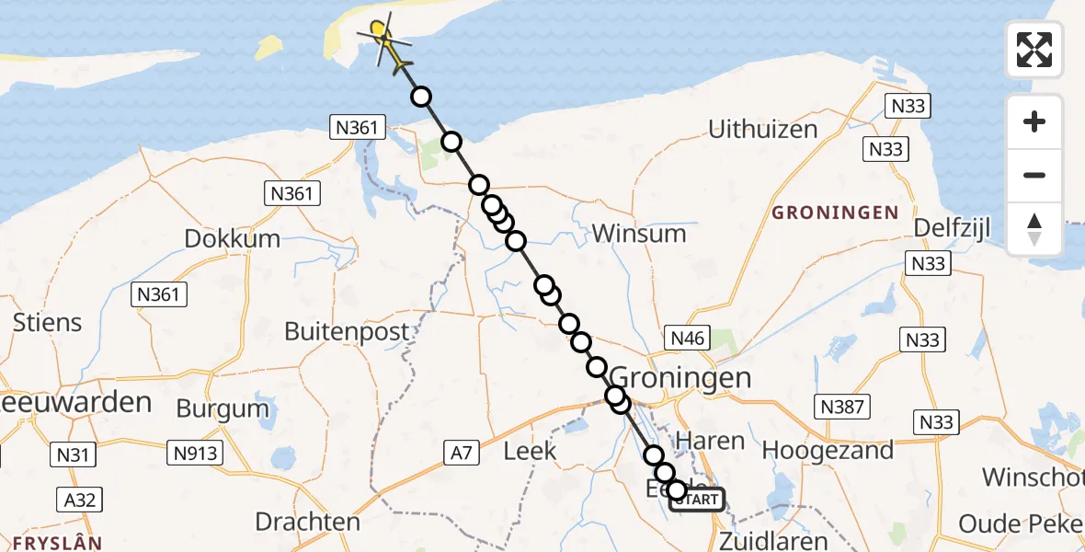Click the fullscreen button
[1034, 50]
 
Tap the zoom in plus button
[1034, 122]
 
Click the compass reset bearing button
[1034, 229]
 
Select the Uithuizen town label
[762, 130]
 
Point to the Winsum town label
[639, 234]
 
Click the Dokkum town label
[232, 239]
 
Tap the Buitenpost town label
[347, 331]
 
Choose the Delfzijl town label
[953, 229]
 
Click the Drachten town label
[307, 523]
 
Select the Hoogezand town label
[828, 451]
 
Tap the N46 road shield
[687, 339]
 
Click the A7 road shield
[462, 452]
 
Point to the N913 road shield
[194, 452]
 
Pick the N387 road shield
[840, 406]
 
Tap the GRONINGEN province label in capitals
[835, 213]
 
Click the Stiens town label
[47, 323]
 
